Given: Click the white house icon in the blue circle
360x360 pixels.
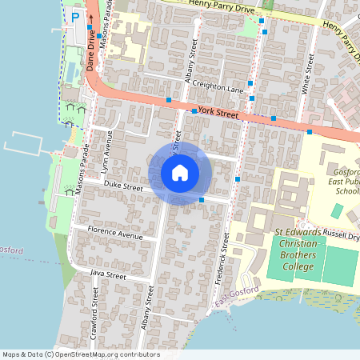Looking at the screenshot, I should pyautogui.click(x=180, y=173).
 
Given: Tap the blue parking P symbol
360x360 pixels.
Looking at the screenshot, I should pyautogui.click(x=76, y=17).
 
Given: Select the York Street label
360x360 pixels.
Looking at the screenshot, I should pyautogui.click(x=218, y=114).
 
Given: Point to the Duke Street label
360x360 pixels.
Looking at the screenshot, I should pyautogui.click(x=122, y=186).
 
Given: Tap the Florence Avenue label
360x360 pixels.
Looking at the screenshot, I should pyautogui.click(x=116, y=235).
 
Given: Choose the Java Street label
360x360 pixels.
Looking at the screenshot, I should pyautogui.click(x=108, y=274).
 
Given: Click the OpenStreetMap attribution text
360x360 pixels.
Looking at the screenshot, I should pyautogui.click(x=80, y=354).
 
